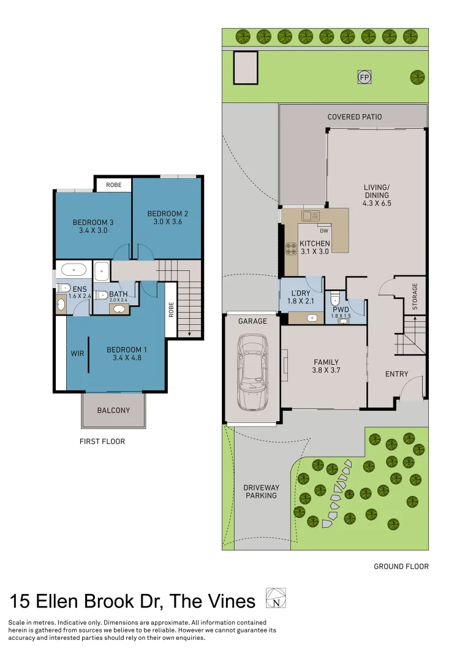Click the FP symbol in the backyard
point(364,78)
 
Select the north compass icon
point(276,598)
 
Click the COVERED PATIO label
point(354,116)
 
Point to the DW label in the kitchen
point(323,231)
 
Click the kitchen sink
point(311,216)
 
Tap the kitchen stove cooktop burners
point(291,249)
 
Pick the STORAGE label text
point(415,295)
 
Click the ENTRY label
point(396,374)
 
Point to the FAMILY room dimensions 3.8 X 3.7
point(326,370)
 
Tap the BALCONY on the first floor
point(113,410)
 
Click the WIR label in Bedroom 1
point(77,354)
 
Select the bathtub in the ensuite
point(73,269)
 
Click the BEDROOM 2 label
point(167,213)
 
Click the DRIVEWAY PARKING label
point(261,492)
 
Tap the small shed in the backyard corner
point(245,67)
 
